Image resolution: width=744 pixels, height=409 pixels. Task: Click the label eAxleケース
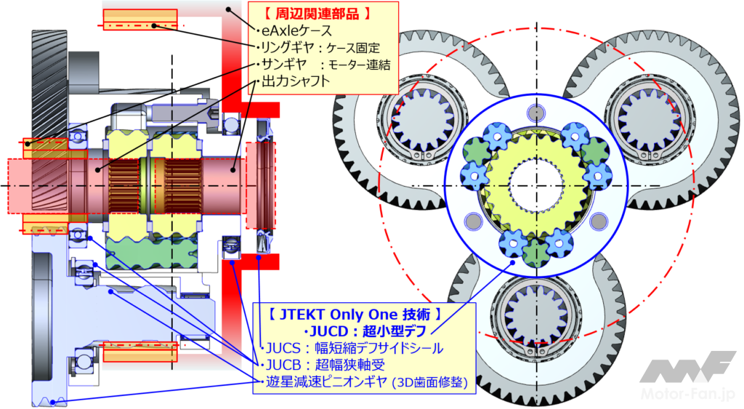click(296, 31)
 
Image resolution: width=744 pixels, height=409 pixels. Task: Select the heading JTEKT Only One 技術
click(355, 315)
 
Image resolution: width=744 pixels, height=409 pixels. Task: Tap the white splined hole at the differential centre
click(536, 185)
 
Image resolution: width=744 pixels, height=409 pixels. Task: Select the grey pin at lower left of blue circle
click(473, 221)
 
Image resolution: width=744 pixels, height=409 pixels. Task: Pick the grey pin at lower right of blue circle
click(599, 221)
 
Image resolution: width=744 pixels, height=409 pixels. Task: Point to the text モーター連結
click(359, 65)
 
